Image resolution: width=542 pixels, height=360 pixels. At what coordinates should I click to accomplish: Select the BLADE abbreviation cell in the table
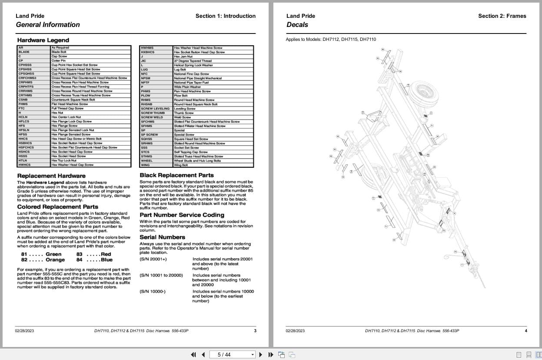[x=24, y=52]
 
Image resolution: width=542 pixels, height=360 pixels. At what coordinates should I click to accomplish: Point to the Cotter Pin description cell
[x=59, y=60]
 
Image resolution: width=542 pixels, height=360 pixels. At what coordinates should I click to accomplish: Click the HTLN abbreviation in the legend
[x=23, y=160]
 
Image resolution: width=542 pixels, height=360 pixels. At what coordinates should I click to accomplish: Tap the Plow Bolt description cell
[x=180, y=96]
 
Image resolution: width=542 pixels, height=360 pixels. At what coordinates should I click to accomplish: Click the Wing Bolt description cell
[x=181, y=165]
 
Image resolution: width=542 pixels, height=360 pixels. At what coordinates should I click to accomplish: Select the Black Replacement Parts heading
[x=176, y=175]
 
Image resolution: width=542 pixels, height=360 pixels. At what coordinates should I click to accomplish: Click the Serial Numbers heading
[x=162, y=237]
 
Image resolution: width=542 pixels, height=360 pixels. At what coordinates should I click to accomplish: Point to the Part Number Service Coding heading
[x=182, y=215]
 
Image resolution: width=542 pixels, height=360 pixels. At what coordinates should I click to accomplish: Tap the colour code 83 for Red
[x=80, y=254]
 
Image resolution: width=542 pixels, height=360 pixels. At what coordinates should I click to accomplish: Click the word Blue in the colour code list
[x=106, y=260]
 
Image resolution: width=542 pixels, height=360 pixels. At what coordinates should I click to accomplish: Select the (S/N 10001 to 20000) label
[x=161, y=275]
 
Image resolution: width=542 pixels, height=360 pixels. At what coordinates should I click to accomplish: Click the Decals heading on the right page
[x=297, y=25]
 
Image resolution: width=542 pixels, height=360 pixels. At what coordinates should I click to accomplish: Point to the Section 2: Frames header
[x=502, y=16]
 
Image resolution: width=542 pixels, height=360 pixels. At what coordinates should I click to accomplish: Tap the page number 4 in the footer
[x=525, y=331]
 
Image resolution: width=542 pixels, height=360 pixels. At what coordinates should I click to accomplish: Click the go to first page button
[x=193, y=354]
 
